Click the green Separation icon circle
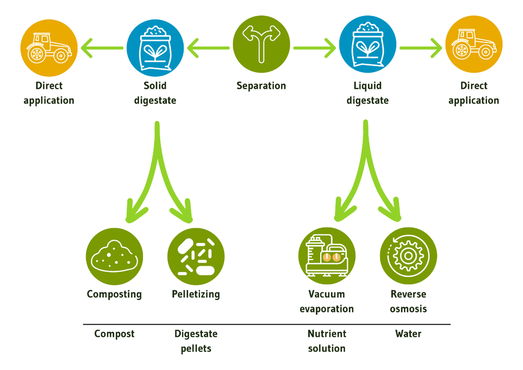(x=261, y=44)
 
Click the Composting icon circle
(x=114, y=256)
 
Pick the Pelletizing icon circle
(x=196, y=256)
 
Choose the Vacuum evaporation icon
(x=327, y=256)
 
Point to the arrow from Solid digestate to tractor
(x=102, y=48)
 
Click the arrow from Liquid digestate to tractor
(x=421, y=48)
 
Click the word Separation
(x=261, y=86)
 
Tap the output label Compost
(x=114, y=334)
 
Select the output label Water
(x=408, y=334)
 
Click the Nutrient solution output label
(x=327, y=341)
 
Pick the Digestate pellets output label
(x=196, y=341)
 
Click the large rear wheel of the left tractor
(x=37, y=54)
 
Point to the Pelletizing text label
(x=196, y=294)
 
